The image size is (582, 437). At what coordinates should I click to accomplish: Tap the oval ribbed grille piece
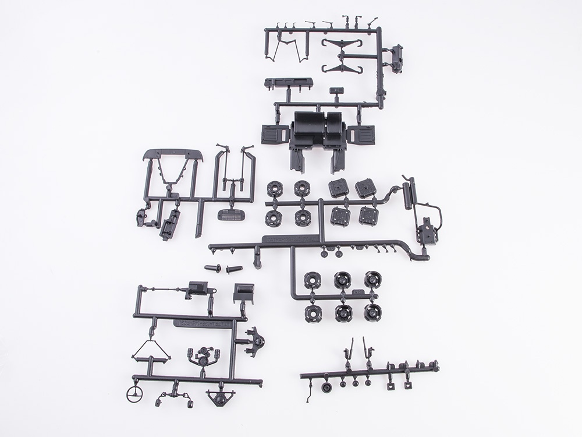232,214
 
